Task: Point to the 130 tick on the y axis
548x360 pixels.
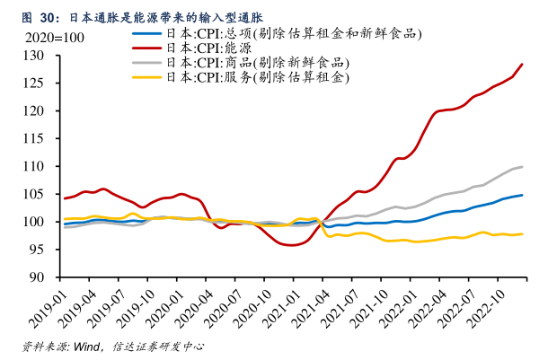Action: tap(45, 56)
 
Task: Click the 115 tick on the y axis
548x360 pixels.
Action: tap(45, 139)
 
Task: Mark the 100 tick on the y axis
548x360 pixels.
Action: tap(45, 222)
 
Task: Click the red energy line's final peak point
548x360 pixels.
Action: tap(523, 64)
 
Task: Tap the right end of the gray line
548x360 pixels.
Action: tap(523, 167)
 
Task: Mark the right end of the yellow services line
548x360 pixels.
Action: tap(523, 234)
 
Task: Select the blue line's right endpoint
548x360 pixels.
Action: tap(523, 195)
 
